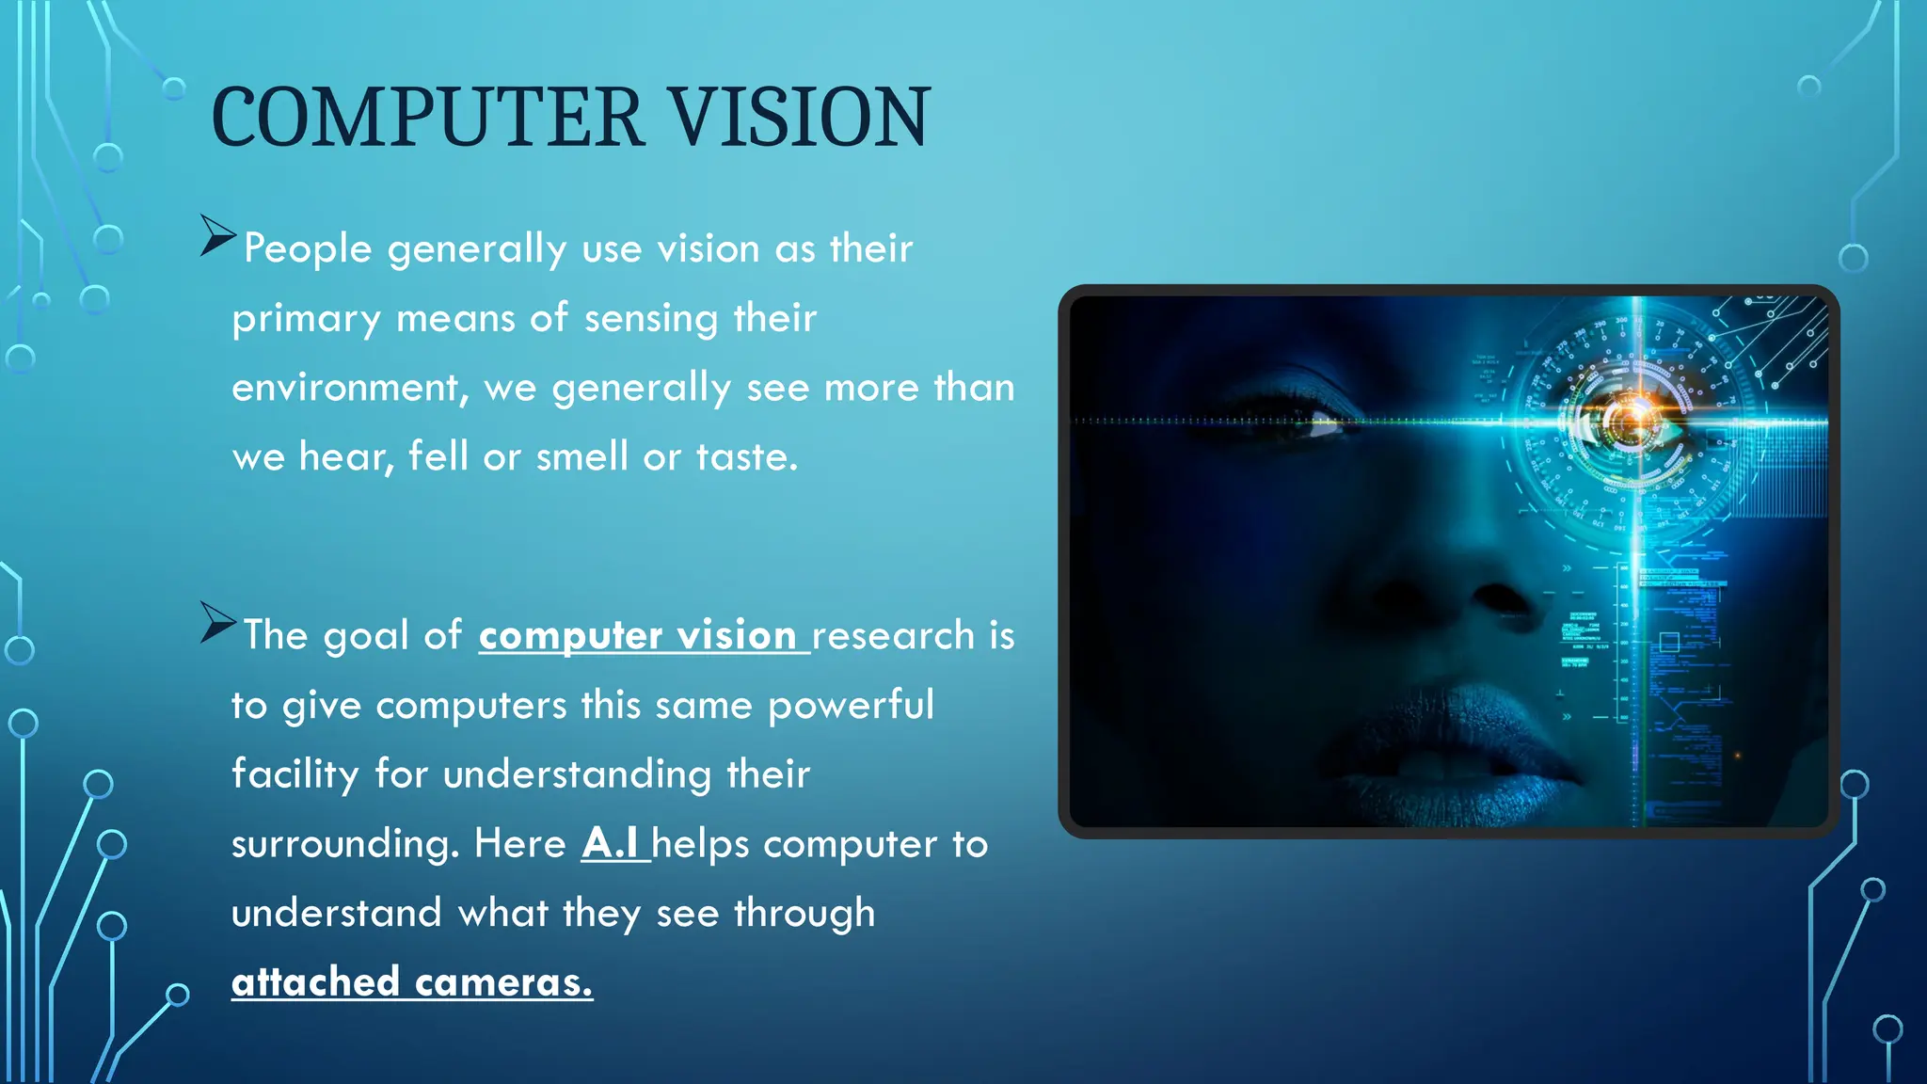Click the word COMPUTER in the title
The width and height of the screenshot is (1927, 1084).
pyautogui.click(x=427, y=118)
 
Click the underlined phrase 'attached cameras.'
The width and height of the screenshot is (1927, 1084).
pyautogui.click(x=412, y=982)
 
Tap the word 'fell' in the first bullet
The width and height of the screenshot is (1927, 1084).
pyautogui.click(x=438, y=457)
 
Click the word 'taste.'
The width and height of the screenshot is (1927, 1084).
pyautogui.click(x=747, y=457)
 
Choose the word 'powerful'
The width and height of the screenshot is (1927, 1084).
pyautogui.click(x=851, y=706)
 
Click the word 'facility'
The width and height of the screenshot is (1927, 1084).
pyautogui.click(x=295, y=774)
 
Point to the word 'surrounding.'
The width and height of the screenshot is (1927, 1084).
pyautogui.click(x=345, y=844)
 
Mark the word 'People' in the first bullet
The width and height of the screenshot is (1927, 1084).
pyautogui.click(x=308, y=249)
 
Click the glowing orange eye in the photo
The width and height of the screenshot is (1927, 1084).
pyautogui.click(x=1632, y=420)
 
